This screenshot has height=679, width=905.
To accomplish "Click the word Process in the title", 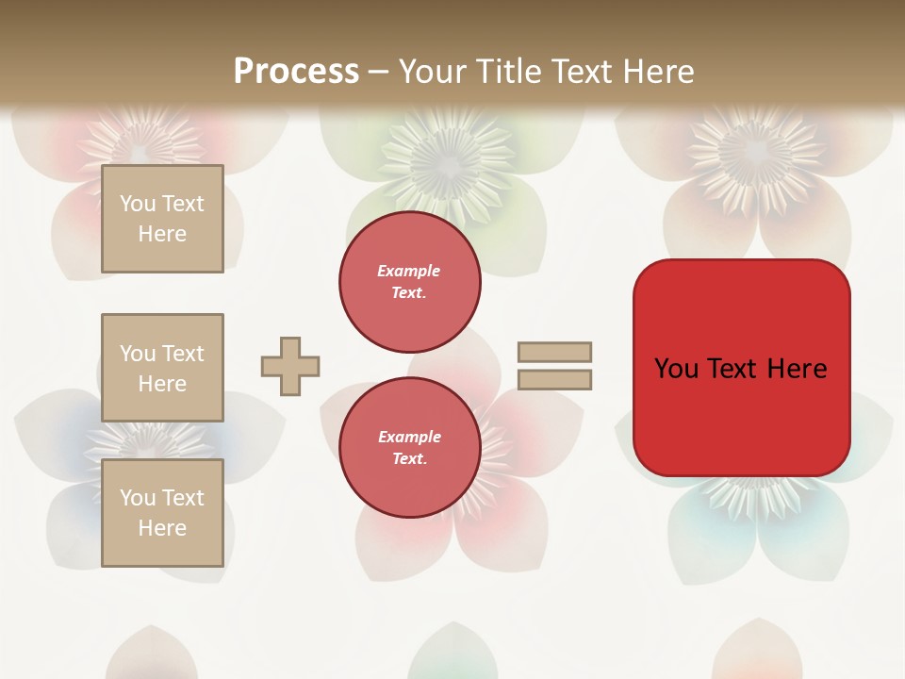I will point(296,72).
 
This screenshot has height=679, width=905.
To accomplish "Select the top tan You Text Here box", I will point(162,219).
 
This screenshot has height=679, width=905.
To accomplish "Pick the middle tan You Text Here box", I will point(162,368).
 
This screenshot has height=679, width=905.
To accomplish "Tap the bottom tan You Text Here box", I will point(162,513).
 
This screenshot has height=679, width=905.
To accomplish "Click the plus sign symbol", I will point(290,366).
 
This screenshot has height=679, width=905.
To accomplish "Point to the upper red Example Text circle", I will point(409,282).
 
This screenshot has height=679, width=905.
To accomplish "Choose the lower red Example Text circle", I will point(409,448).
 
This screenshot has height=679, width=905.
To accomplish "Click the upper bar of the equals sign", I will point(554,352).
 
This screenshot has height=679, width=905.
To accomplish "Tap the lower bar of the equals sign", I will point(554,379).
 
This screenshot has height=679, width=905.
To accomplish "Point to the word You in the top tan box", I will point(138,204).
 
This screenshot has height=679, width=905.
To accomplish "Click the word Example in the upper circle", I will point(409,271).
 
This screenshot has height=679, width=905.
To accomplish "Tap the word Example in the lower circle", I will point(409,437).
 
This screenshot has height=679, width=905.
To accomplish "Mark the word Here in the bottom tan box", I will point(162,528).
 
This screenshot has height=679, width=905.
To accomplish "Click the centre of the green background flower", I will point(451,160).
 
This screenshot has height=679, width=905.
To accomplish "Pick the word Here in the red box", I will point(797,369).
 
